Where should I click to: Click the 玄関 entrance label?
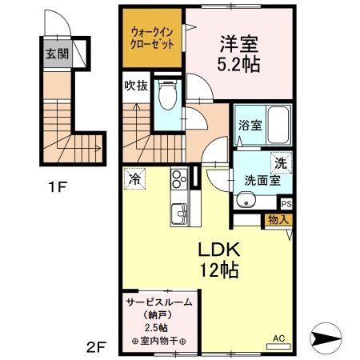pos(56,54)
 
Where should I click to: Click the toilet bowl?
pos(167,97)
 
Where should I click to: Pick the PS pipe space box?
pos(286,203)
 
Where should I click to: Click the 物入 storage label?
pos(278,218)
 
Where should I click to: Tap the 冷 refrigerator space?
pos(134,178)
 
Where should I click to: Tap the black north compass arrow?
pos(327,338)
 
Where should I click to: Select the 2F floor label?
pos(96,346)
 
